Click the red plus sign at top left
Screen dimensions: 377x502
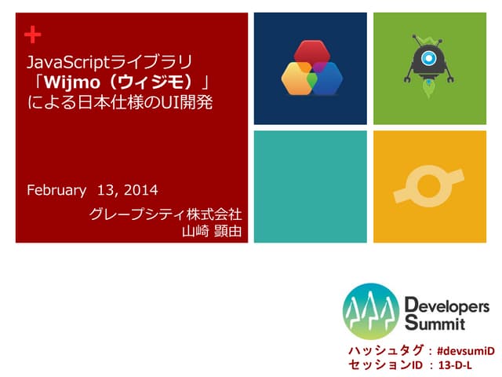[x=31, y=34]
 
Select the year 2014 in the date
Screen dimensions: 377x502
[x=141, y=190]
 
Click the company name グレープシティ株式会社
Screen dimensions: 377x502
[x=165, y=214]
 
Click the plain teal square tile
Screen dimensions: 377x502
[x=310, y=186]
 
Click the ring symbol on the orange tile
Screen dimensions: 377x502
[x=429, y=186]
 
